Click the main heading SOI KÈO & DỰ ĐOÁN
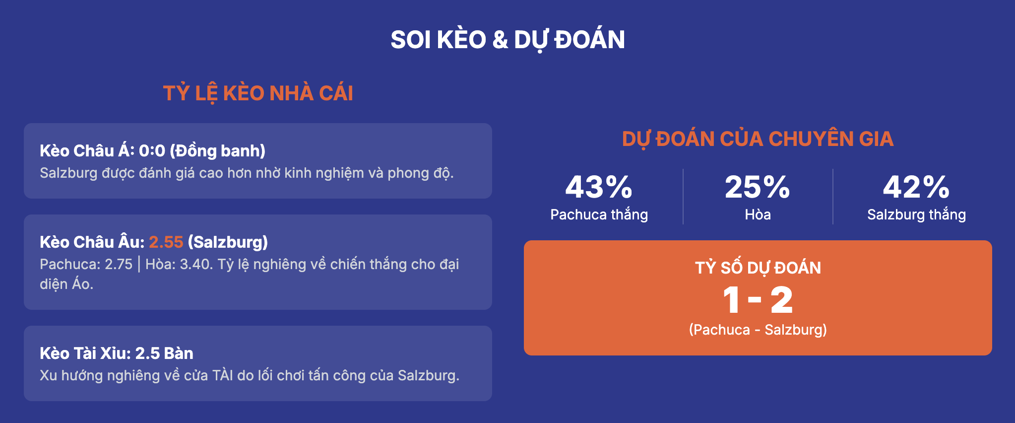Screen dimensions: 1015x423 click(x=507, y=40)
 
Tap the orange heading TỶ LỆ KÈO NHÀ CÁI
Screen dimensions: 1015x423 click(x=258, y=93)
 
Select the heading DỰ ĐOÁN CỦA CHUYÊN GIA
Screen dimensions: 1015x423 click(x=758, y=139)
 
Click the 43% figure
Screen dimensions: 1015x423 click(x=599, y=187)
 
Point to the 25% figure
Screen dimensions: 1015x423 click(x=758, y=187)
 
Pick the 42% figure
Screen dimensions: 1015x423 click(x=916, y=187)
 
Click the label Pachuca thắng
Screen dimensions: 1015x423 click(x=599, y=214)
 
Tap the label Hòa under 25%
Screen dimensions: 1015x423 click(x=758, y=214)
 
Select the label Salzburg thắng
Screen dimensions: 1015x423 click(x=916, y=214)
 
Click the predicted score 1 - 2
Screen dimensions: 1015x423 click(x=758, y=300)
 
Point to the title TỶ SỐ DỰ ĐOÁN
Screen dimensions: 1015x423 click(x=758, y=268)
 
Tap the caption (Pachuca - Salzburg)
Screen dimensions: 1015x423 click(x=758, y=330)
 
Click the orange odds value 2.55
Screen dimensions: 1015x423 click(x=166, y=242)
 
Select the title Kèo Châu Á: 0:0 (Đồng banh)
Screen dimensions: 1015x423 click(x=152, y=150)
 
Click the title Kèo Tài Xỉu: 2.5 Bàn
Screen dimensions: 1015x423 click(x=117, y=353)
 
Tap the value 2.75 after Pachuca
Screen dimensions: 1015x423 click(x=119, y=264)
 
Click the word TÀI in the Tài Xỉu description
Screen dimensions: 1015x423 click(x=223, y=375)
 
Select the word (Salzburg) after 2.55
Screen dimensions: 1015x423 click(x=228, y=242)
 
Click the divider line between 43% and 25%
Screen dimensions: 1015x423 click(x=683, y=197)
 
